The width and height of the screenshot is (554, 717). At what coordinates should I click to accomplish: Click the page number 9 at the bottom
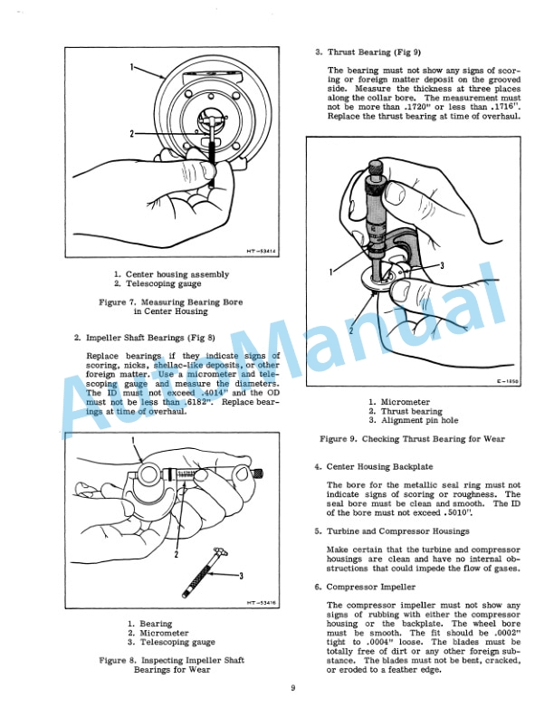(x=292, y=689)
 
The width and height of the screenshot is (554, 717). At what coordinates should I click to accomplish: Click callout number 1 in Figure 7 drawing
(x=132, y=67)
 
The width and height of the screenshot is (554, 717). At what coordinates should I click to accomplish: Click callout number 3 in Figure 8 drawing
(x=241, y=576)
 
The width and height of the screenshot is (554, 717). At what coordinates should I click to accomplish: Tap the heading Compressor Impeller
(x=370, y=587)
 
